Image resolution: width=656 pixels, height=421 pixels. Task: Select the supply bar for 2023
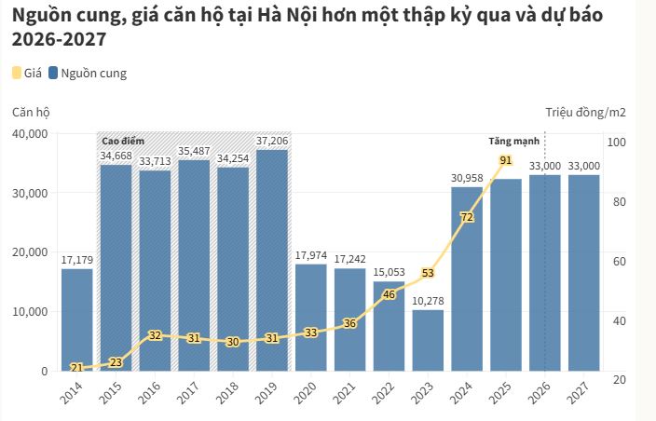[428, 340]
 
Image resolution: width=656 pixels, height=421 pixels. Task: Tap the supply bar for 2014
[77, 317]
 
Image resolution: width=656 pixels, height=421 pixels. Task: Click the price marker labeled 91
[506, 161]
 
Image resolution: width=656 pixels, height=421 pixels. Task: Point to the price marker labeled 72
[467, 217]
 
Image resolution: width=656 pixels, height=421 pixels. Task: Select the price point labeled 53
[428, 273]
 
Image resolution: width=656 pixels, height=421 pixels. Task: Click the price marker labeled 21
[77, 367]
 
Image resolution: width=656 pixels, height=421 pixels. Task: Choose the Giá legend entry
[26, 73]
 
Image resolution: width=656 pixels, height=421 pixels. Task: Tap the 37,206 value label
[272, 141]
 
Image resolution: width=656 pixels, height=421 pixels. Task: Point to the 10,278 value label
[428, 301]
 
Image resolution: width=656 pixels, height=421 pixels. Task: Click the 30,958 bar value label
[467, 178]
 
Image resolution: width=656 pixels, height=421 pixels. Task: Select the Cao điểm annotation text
[123, 140]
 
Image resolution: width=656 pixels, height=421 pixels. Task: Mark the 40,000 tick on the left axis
[32, 133]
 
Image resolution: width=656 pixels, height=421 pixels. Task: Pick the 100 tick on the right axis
[616, 142]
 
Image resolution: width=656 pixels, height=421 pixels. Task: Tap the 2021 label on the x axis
[347, 391]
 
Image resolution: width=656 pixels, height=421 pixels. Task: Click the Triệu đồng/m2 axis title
[585, 112]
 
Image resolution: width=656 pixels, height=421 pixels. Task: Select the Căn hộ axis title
[31, 112]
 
